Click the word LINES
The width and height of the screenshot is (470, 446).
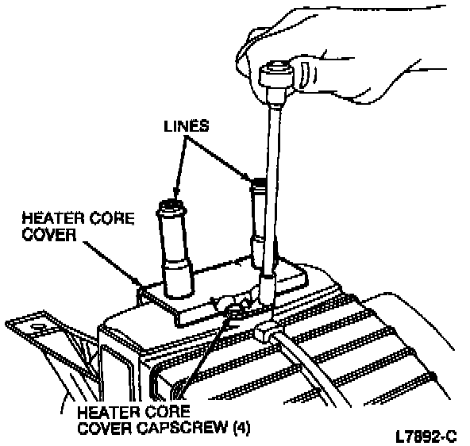tap(187, 126)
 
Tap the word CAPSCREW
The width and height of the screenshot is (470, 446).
tap(183, 428)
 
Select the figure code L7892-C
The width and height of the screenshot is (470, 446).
tap(426, 436)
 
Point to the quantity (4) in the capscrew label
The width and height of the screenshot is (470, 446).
tap(241, 428)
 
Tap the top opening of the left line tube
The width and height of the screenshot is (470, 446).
tap(171, 206)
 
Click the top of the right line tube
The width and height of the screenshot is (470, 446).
tap(258, 183)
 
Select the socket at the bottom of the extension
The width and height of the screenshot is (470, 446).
tap(268, 289)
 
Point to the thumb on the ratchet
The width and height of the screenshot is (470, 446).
tap(306, 73)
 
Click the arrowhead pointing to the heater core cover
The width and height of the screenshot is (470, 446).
tap(138, 283)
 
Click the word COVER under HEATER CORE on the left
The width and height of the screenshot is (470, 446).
tap(49, 235)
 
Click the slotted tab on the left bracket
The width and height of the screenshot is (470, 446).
tap(38, 326)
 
